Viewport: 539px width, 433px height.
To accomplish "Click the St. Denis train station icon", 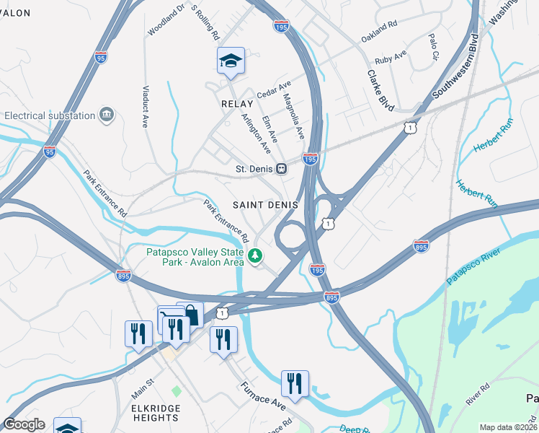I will pyautogui.click(x=282, y=170).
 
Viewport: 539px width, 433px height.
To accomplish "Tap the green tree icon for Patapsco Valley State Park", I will pyautogui.click(x=255, y=255).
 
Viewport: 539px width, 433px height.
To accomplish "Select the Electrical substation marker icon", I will pyautogui.click(x=107, y=115).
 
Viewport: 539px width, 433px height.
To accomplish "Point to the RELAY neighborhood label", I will pyautogui.click(x=238, y=104).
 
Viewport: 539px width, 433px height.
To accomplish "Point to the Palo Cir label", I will pyautogui.click(x=434, y=45).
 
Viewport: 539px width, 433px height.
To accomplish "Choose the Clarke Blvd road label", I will pyautogui.click(x=380, y=89).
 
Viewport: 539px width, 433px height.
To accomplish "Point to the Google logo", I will pyautogui.click(x=24, y=424).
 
